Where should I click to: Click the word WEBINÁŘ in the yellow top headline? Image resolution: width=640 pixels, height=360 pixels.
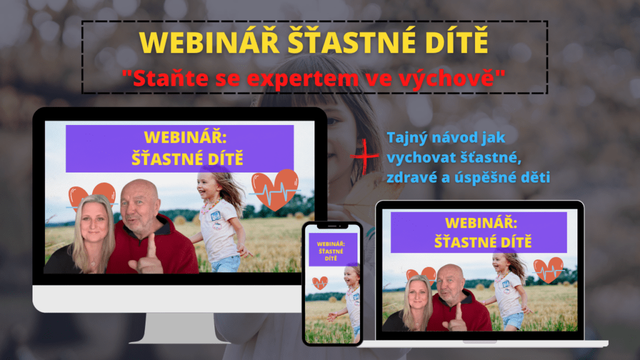point(209,42)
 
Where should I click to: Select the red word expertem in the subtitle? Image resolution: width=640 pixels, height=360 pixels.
point(302,79)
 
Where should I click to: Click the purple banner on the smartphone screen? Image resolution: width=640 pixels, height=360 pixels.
point(332,250)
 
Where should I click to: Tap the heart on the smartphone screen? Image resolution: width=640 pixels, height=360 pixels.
point(320,283)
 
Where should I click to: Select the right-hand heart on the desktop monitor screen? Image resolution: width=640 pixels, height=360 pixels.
point(275,189)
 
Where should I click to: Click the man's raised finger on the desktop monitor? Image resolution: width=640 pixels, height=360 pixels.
point(152,246)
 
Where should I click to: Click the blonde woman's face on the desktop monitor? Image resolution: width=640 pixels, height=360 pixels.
point(94,221)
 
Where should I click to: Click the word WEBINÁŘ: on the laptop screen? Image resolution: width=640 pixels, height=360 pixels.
point(481,223)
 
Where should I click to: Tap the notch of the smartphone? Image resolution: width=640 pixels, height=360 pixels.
point(332,226)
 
